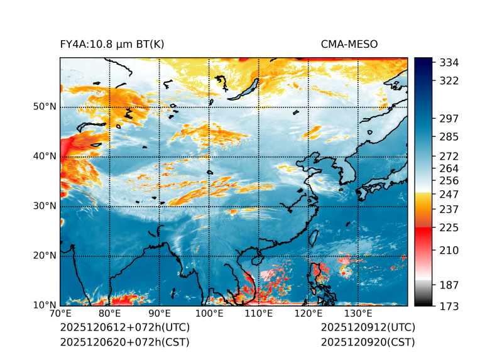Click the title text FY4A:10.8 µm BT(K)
(x=112, y=44)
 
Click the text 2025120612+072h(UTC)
(x=124, y=327)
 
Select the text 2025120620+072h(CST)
(x=124, y=342)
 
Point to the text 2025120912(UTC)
(x=368, y=327)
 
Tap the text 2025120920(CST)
(x=368, y=342)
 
